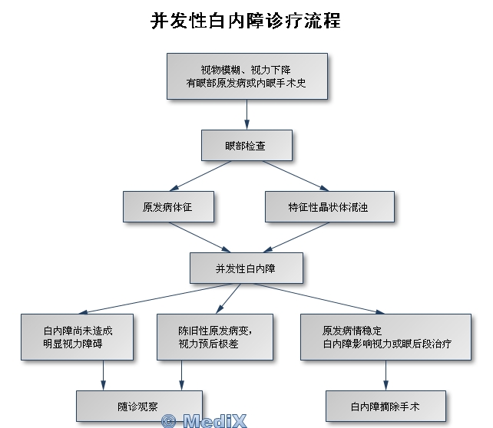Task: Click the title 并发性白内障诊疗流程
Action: (x=246, y=20)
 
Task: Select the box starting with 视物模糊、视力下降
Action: (x=246, y=75)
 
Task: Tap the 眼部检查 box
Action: (x=246, y=145)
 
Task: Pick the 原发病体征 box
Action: (x=167, y=206)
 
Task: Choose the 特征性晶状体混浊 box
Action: (x=329, y=206)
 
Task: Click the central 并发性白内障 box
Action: (x=246, y=268)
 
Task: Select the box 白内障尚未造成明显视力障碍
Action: (x=78, y=337)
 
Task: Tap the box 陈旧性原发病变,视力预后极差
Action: (x=215, y=337)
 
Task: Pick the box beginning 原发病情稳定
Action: (x=385, y=337)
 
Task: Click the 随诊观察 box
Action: (x=138, y=404)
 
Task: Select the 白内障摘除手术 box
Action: (x=385, y=404)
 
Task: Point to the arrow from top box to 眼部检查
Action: (x=246, y=114)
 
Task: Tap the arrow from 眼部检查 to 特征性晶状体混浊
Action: (x=299, y=176)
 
